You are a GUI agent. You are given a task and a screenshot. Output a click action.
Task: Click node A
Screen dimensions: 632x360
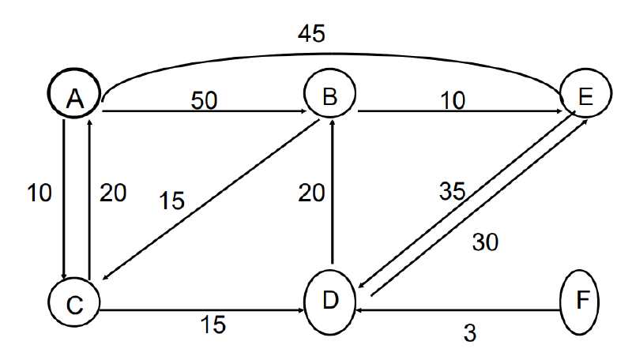coord(74,93)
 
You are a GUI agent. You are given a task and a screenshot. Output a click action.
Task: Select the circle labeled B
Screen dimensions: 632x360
coord(329,94)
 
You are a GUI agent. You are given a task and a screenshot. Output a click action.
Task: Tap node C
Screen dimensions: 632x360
coord(74,302)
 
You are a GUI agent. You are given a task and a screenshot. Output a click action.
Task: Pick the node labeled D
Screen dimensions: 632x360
coord(330,302)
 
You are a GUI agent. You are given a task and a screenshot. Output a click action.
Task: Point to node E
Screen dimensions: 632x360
coord(585,93)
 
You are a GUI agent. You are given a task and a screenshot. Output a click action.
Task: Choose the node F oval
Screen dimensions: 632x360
coord(580,302)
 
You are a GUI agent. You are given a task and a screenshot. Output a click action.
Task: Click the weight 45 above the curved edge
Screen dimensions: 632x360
coord(311,33)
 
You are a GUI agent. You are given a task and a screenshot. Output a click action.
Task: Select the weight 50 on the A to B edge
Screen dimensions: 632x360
coord(204,100)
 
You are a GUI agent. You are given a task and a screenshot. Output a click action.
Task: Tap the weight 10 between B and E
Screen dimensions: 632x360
coord(453,100)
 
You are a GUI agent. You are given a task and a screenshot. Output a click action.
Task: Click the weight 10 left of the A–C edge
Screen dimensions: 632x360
coord(39,193)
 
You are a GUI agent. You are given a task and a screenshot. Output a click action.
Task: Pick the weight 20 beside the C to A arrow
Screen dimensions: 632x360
coord(113,193)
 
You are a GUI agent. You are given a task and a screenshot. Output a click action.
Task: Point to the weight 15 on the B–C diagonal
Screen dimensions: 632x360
coord(171,201)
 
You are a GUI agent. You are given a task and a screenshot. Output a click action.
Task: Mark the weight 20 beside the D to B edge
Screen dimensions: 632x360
coord(311,193)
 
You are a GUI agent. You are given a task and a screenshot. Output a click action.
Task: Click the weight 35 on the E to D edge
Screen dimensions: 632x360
coord(452,191)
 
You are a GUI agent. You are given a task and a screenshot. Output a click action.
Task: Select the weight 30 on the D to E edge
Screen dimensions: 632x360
coord(485,242)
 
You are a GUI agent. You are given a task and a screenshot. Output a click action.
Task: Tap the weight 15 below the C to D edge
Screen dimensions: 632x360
coord(213,324)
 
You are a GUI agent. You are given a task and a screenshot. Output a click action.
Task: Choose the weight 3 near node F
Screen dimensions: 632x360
coord(470,333)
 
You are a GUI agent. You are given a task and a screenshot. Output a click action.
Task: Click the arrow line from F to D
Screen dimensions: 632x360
coord(458,310)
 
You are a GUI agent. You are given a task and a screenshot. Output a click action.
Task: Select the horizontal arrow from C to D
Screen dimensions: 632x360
coord(201,310)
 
